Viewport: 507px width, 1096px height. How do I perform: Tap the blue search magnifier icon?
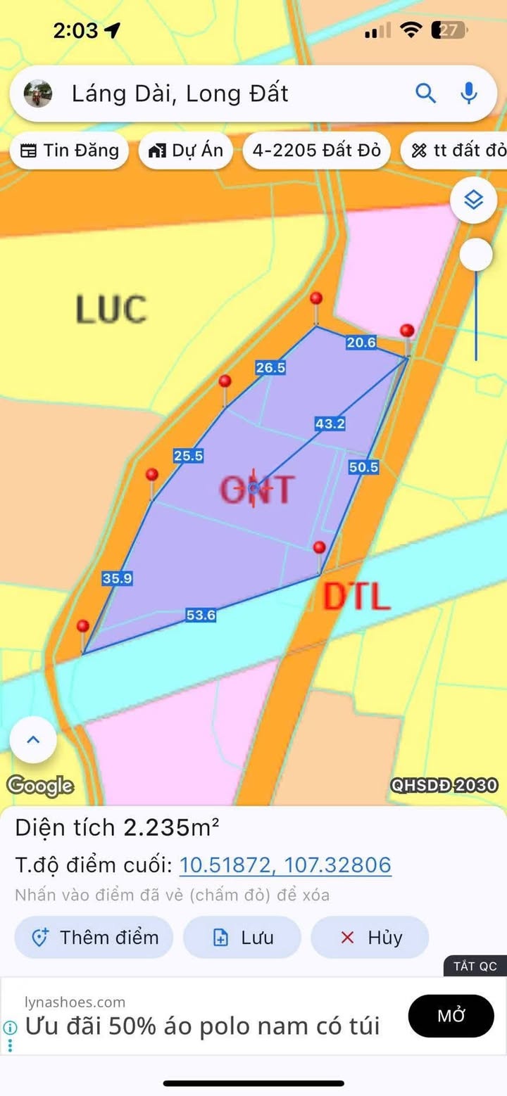[x=425, y=93]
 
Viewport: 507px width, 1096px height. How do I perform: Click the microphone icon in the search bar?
[x=468, y=93]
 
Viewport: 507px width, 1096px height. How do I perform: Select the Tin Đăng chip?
[x=69, y=151]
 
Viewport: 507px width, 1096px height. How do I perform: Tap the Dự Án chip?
[x=186, y=151]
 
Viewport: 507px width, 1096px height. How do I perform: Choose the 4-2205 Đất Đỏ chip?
[x=316, y=151]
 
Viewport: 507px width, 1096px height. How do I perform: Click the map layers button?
[x=474, y=201]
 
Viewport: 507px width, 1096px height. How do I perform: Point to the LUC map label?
[x=111, y=310]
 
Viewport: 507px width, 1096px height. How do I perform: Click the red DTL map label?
[x=356, y=597]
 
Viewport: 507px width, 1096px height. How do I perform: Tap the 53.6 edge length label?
[x=201, y=616]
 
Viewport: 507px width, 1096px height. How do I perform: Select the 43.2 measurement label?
[x=330, y=423]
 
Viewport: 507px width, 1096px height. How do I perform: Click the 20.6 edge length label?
[x=361, y=343]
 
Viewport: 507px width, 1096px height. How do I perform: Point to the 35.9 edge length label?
[x=118, y=578]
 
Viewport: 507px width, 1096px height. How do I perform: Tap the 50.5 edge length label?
[x=363, y=466]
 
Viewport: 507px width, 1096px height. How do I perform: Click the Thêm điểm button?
[x=94, y=938]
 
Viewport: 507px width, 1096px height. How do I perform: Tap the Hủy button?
[x=370, y=938]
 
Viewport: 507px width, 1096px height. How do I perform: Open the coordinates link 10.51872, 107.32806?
[x=285, y=865]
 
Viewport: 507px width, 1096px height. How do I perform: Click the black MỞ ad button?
[x=461, y=1016]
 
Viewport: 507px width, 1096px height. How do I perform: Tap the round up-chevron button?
[x=33, y=740]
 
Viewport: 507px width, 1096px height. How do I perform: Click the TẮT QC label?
[x=475, y=966]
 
